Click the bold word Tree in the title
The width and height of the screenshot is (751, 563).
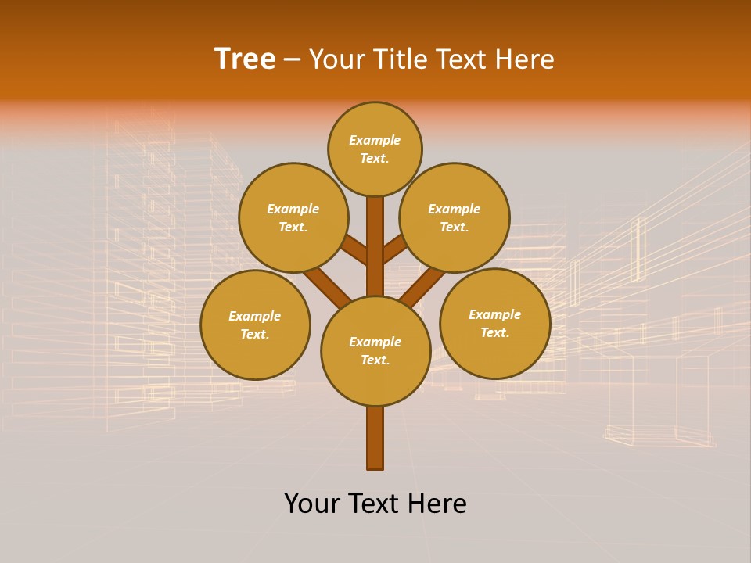[245, 59]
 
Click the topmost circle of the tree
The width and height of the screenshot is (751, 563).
[375, 149]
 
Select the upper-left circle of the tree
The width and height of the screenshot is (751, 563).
[293, 217]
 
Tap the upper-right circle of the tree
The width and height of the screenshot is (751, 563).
[455, 217]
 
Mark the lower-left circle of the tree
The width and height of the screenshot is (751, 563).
[255, 325]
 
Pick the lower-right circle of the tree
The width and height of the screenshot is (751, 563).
[494, 323]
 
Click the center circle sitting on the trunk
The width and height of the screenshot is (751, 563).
[375, 351]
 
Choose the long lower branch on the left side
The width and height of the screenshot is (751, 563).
[327, 285]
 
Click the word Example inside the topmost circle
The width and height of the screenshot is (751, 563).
[375, 141]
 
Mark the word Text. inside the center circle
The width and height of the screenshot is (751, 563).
[375, 360]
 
